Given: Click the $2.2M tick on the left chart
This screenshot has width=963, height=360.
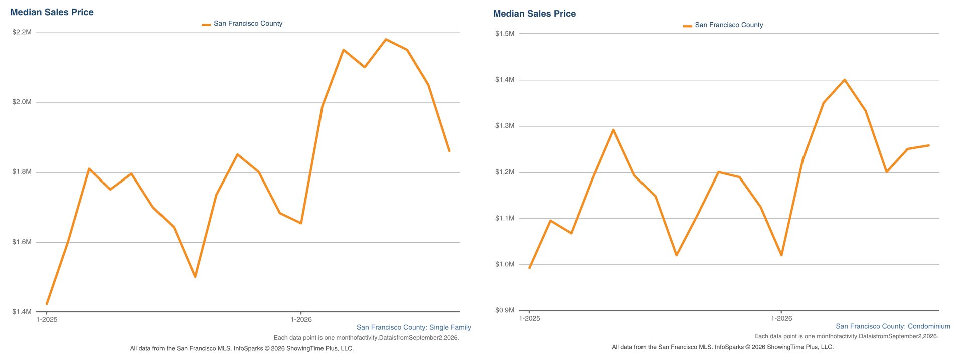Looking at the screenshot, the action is pyautogui.click(x=22, y=32).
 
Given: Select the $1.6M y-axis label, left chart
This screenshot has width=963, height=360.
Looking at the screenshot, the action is pyautogui.click(x=22, y=242).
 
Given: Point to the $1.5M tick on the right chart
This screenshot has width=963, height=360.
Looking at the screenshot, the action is pyautogui.click(x=505, y=34).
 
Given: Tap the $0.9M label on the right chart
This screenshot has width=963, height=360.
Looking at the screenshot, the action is pyautogui.click(x=505, y=310).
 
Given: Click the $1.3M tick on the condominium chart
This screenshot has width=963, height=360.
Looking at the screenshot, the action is pyautogui.click(x=505, y=126).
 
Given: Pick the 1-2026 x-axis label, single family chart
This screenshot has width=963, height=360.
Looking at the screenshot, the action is pyautogui.click(x=301, y=319).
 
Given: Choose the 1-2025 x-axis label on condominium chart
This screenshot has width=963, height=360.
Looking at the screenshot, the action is pyautogui.click(x=529, y=318).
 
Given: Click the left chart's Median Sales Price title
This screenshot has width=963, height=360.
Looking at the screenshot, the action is pyautogui.click(x=52, y=12).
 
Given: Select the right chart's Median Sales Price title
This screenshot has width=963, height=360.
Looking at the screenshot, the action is pyautogui.click(x=534, y=14).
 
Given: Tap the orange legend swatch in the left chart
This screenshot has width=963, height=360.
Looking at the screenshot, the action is pyautogui.click(x=206, y=24).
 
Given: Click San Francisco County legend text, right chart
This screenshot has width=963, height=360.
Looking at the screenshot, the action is pyautogui.click(x=729, y=25).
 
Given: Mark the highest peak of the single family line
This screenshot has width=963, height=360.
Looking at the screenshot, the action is pyautogui.click(x=386, y=39).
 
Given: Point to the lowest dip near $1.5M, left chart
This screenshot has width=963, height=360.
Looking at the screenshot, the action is pyautogui.click(x=195, y=277).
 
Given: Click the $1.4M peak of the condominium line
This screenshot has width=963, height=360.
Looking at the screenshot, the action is pyautogui.click(x=845, y=80).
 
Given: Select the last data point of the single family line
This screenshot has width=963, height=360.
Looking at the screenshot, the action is pyautogui.click(x=449, y=151).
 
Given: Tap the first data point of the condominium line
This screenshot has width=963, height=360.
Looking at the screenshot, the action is pyautogui.click(x=529, y=268).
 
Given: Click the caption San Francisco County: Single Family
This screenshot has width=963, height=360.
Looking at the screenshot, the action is pyautogui.click(x=414, y=327).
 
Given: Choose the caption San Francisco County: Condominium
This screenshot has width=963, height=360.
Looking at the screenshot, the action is pyautogui.click(x=893, y=326).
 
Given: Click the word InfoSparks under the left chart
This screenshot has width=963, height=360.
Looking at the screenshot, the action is pyautogui.click(x=248, y=348).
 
